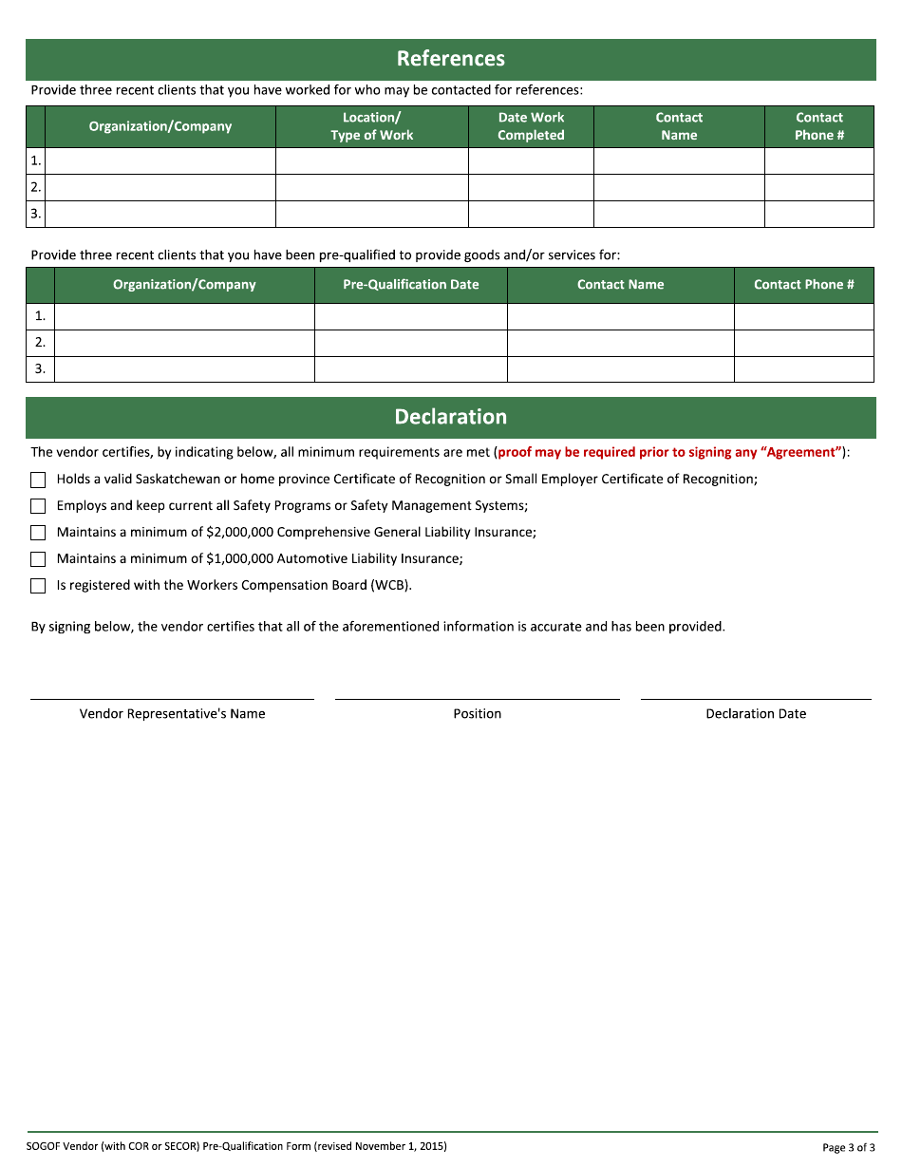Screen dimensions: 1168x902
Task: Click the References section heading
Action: click(450, 59)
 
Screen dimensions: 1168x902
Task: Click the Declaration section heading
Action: click(450, 417)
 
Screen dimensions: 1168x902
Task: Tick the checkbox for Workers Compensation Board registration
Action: click(38, 586)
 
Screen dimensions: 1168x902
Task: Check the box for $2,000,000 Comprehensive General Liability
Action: click(38, 533)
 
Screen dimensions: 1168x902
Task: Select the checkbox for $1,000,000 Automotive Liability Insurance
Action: click(38, 559)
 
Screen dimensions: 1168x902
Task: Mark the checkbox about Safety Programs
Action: click(38, 506)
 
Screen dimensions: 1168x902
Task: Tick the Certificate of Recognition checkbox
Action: click(38, 480)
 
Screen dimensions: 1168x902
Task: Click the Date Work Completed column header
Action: click(531, 126)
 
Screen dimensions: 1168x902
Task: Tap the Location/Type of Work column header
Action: click(371, 126)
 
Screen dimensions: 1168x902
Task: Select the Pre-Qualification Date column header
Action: click(410, 285)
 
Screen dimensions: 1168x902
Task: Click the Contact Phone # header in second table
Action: click(803, 285)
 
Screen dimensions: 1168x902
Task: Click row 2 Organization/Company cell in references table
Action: click(160, 187)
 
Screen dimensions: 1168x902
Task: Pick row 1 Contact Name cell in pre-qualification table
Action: click(620, 316)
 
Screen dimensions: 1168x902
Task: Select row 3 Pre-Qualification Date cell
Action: click(410, 369)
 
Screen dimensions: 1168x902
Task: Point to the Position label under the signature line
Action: click(477, 714)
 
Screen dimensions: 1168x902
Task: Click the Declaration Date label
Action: click(756, 714)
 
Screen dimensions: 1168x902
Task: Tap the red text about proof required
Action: click(669, 453)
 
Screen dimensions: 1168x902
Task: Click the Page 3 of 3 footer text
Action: click(848, 1147)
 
